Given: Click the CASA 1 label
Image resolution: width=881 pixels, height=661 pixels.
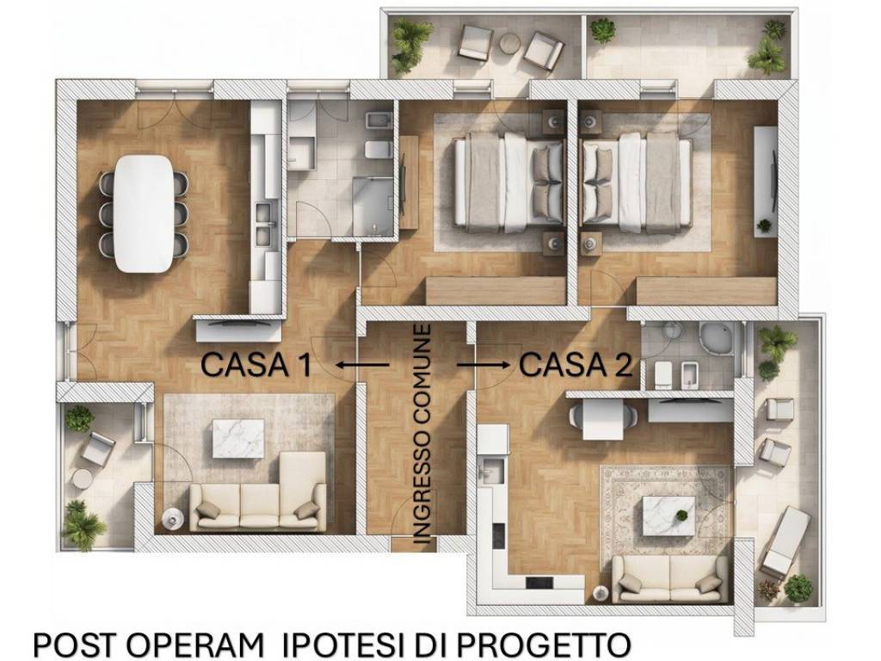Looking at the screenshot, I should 256,365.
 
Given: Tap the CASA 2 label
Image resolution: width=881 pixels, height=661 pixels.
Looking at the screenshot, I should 576,365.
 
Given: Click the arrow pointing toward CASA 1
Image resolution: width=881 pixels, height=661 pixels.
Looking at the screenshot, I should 361,365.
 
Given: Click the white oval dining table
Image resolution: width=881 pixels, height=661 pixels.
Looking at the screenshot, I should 144,213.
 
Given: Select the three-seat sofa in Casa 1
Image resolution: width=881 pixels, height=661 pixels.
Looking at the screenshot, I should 258,495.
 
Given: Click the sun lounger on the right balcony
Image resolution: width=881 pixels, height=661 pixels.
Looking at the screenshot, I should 786,541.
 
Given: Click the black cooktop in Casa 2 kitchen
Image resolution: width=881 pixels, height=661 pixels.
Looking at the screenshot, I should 541,583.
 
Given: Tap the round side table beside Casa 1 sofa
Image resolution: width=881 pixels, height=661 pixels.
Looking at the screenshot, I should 173,516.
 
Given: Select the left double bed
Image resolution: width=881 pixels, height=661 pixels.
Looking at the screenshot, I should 508,182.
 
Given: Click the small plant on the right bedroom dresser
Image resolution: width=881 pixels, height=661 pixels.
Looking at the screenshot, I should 764,225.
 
